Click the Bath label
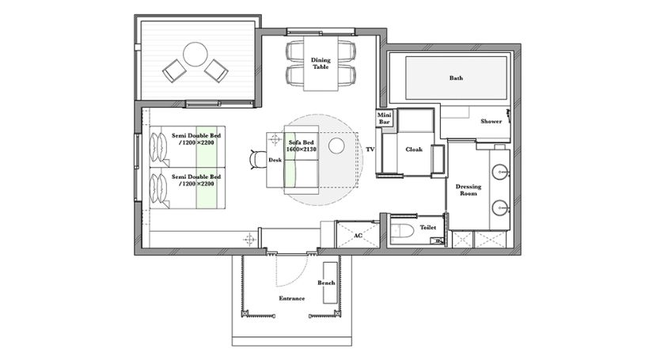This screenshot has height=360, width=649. click(456, 78)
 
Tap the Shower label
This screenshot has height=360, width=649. click(491, 121)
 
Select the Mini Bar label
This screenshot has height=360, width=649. click(384, 119)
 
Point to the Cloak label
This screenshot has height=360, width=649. click(414, 150)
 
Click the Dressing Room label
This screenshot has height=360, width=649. click(469, 190)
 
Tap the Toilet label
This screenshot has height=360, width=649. click(428, 227)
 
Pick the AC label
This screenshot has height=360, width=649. click(358, 236)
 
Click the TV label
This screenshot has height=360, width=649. click(370, 150)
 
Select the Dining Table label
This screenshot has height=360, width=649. click(321, 63)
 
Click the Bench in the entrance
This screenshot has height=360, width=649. click(330, 283)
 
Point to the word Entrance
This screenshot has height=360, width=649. click(292, 298)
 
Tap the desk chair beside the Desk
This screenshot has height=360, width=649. click(258, 160)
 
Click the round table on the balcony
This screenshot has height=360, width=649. click(195, 55)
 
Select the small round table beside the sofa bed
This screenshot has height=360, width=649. click(336, 146)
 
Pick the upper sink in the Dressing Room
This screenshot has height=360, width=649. click(501, 170)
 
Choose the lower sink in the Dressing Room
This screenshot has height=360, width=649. click(501, 207)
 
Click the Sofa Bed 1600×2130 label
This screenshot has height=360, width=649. click(302, 146)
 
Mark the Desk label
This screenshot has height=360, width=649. click(275, 160)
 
